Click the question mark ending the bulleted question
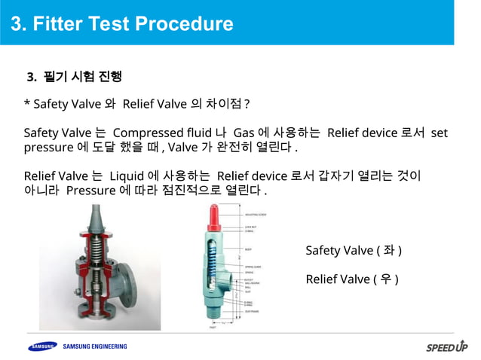point(247,103)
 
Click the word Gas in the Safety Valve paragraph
point(244,133)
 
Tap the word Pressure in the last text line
point(90,190)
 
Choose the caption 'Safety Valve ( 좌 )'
point(353,250)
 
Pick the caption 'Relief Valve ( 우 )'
point(351,279)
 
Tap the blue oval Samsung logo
point(41,346)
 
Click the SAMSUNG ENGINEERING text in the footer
point(94,346)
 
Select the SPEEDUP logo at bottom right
point(446,347)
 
